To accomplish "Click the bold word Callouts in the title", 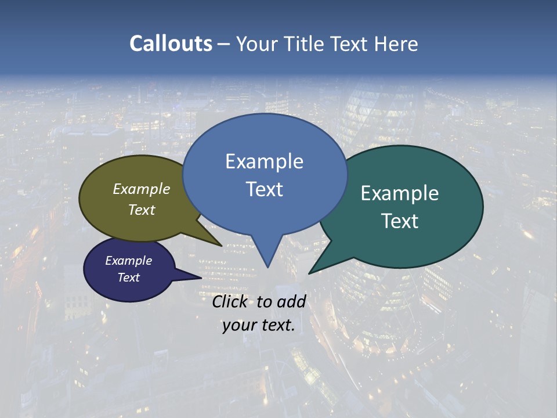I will [x=171, y=44].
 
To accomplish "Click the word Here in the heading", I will [x=397, y=44].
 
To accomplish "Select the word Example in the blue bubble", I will [x=264, y=161].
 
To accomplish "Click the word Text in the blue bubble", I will [x=264, y=189].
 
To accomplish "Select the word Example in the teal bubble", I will [x=400, y=193].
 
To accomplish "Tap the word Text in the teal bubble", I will [x=400, y=221].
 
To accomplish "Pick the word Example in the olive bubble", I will [x=142, y=189].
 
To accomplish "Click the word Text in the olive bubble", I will [x=142, y=210].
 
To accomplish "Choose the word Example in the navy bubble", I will [x=128, y=261].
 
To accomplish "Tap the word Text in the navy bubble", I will [x=128, y=278].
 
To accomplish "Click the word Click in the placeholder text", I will [x=230, y=301].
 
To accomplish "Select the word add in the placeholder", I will [x=291, y=301].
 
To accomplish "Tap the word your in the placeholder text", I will [x=238, y=325].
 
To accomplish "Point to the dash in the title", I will [x=225, y=44].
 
